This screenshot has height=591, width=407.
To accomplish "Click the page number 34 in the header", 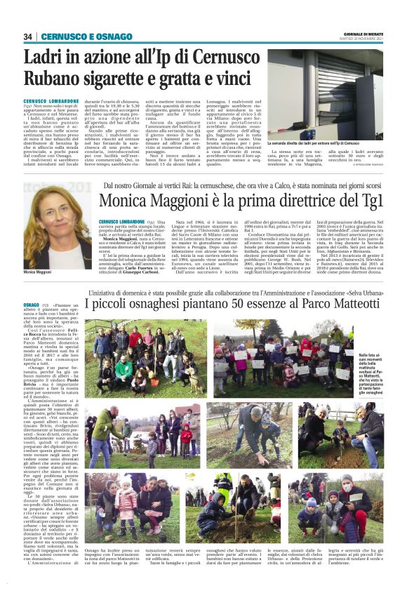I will pos(29,36).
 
